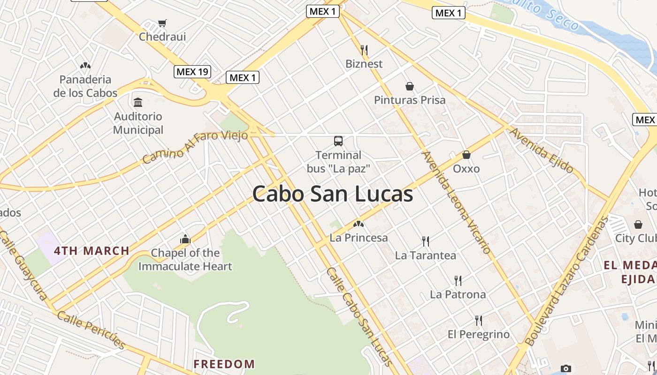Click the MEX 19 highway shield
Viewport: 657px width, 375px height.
point(192,72)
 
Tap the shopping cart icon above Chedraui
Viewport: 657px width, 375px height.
point(162,23)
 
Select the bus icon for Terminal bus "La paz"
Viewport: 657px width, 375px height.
point(338,141)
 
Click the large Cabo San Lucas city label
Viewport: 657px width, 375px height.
point(333,194)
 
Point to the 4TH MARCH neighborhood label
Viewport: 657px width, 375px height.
point(92,250)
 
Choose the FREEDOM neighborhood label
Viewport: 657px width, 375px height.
point(224,364)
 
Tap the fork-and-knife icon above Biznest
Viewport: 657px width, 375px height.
point(364,50)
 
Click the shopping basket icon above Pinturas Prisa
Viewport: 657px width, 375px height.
point(410,86)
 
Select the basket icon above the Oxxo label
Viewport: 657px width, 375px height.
point(466,155)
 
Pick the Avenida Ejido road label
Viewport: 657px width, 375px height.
point(542,150)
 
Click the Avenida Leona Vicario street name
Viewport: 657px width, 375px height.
point(457,202)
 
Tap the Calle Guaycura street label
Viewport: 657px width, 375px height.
point(23,265)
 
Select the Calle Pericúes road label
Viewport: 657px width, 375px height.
point(92,330)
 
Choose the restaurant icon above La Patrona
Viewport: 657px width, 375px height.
point(458,281)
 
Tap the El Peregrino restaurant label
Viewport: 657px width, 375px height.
point(479,334)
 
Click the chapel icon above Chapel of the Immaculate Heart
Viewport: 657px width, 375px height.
point(185,240)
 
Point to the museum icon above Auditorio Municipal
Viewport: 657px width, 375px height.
point(138,102)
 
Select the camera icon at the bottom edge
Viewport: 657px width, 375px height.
point(566,368)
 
